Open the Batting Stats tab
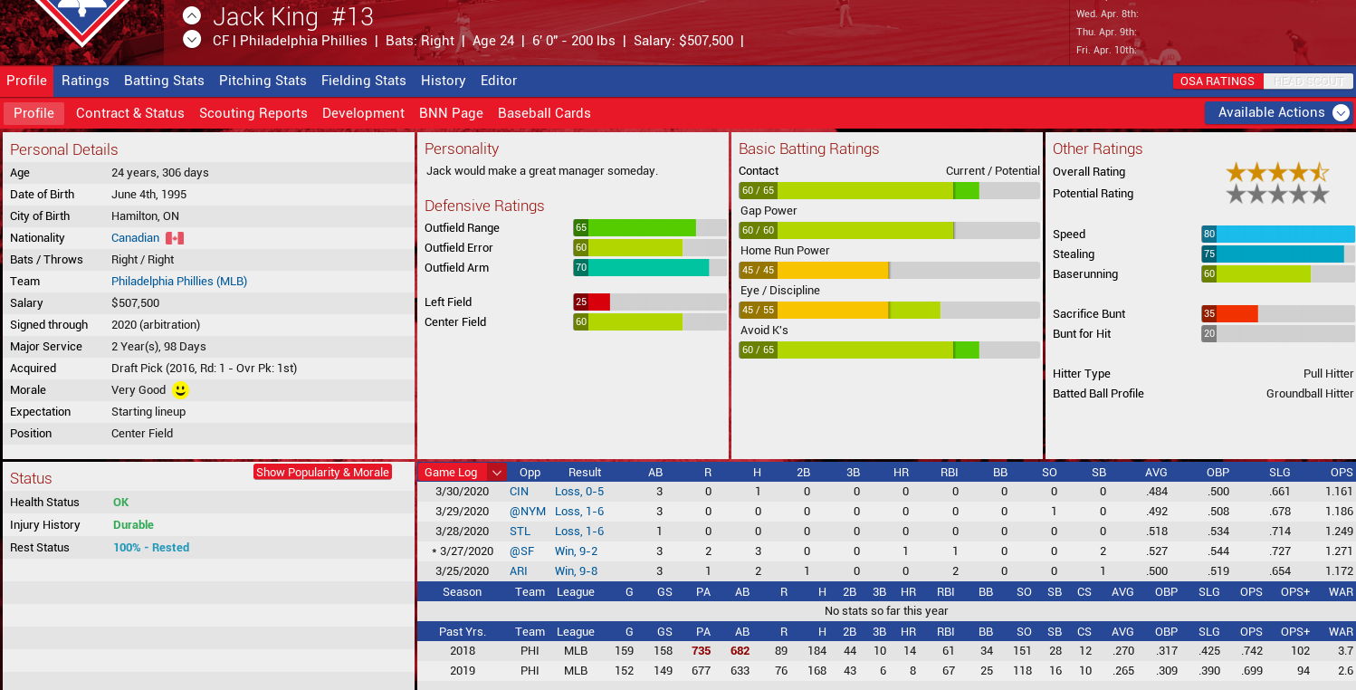[164, 81]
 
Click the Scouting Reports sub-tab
[253, 113]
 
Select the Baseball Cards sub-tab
[544, 113]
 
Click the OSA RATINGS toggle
[1217, 81]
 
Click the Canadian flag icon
[175, 238]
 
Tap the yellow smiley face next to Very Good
[180, 390]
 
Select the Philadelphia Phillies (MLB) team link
[179, 282]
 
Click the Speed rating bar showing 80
[1277, 235]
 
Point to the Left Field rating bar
[649, 302]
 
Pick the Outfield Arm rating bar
[649, 268]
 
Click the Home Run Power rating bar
[889, 271]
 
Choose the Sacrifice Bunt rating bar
[1277, 314]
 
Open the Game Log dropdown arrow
[496, 473]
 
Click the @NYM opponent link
[527, 512]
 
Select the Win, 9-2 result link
[576, 551]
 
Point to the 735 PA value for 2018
[701, 651]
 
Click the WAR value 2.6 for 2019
[1344, 671]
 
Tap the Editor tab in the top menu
[499, 81]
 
